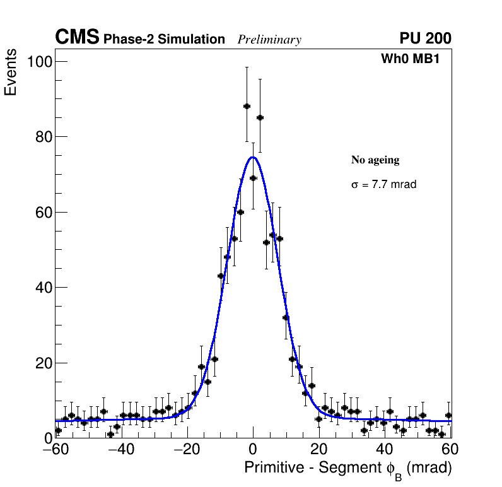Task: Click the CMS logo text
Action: click(x=77, y=38)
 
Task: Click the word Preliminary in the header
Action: click(x=269, y=40)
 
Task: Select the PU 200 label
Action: click(x=425, y=38)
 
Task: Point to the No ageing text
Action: click(x=375, y=160)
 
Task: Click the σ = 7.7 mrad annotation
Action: click(x=383, y=185)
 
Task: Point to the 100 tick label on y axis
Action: click(x=39, y=61)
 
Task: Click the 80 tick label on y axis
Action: click(x=42, y=137)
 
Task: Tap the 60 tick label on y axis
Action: click(x=42, y=212)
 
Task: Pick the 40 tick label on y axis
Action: click(x=42, y=288)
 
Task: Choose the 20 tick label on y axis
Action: click(x=42, y=363)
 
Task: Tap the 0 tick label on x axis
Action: click(x=253, y=450)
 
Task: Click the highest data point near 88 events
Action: click(x=247, y=106)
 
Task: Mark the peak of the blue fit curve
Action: click(x=252, y=157)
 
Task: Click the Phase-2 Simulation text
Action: click(x=164, y=40)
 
